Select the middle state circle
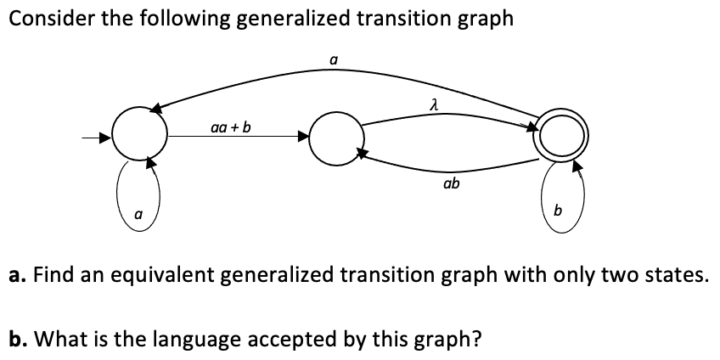[x=335, y=139]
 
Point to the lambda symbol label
[x=433, y=104]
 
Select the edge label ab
[x=451, y=182]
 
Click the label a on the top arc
[x=334, y=59]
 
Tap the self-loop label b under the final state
[x=558, y=210]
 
